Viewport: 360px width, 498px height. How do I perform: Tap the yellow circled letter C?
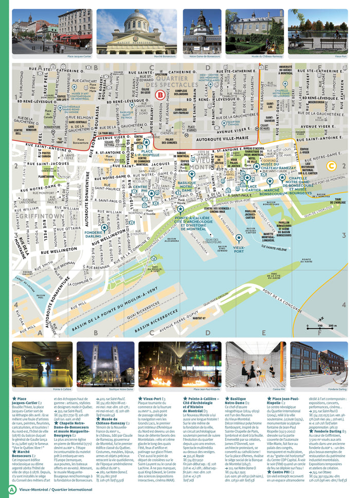[x=332, y=166]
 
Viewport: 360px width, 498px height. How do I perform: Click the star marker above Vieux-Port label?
[x=239, y=238]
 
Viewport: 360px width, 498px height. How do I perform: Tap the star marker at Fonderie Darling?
[x=104, y=227]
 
